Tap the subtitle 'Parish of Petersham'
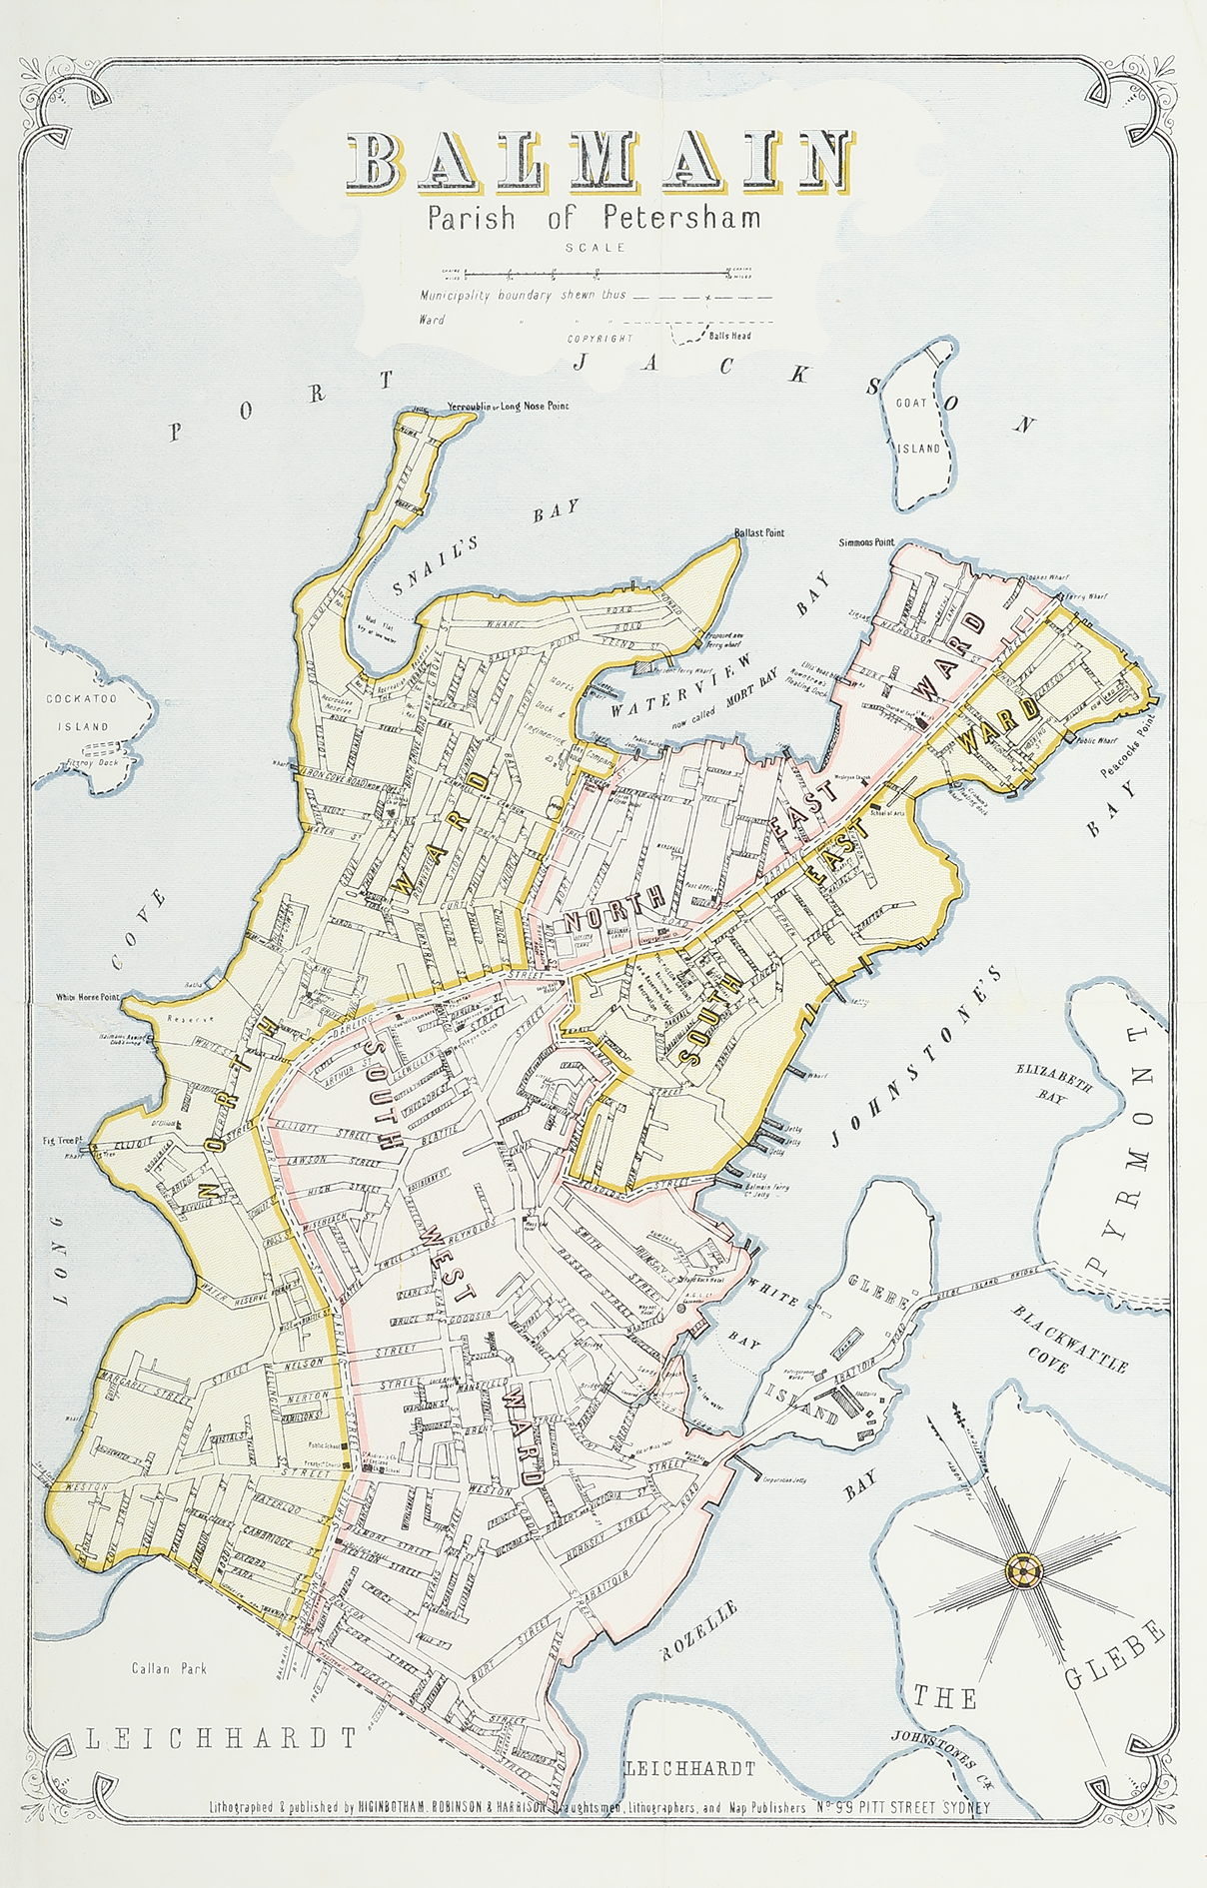[594, 218]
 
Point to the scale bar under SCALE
[597, 273]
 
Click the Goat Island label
[917, 426]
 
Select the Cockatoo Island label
[82, 712]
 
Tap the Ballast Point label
[758, 532]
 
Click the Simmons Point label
[866, 542]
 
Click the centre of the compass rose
[1022, 1571]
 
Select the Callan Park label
[169, 1668]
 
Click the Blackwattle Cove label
[1070, 1340]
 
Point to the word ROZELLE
[699, 1629]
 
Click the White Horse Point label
[87, 997]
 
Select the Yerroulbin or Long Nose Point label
[508, 407]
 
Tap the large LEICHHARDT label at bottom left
[221, 1738]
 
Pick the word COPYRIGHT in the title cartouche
[600, 339]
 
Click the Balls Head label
[729, 336]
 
